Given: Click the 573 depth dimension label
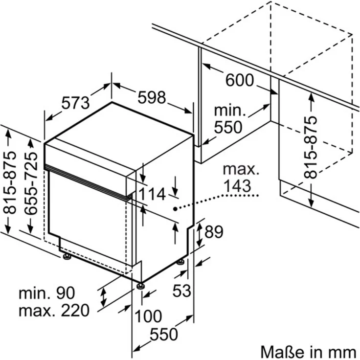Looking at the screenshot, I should [x=76, y=103].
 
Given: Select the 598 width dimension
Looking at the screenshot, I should [x=151, y=98].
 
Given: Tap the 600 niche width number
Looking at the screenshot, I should [x=239, y=80].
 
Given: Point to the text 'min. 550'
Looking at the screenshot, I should [x=228, y=119].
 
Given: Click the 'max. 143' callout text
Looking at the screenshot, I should [x=240, y=178].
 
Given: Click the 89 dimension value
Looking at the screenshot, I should [x=214, y=232].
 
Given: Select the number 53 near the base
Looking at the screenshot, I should [x=181, y=291].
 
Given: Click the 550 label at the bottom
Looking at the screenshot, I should [x=163, y=335].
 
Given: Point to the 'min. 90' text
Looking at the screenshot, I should [x=46, y=293].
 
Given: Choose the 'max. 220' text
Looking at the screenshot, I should [x=54, y=310].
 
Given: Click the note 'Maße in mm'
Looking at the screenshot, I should [x=308, y=351].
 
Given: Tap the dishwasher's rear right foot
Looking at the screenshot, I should [x=181, y=262].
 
